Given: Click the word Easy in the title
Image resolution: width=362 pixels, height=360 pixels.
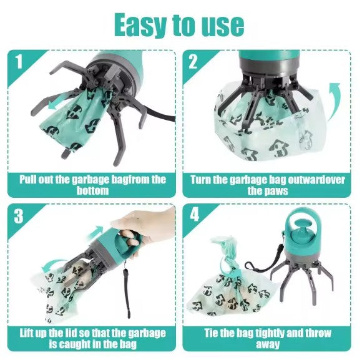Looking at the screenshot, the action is [141, 26].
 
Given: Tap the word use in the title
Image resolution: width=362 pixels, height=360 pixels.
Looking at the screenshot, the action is [223, 26].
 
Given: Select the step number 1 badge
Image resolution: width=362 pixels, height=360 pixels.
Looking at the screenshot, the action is [19, 61].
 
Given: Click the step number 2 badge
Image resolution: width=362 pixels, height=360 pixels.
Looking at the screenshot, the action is [193, 61].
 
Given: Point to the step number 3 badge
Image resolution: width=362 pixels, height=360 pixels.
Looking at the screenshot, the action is [19, 216].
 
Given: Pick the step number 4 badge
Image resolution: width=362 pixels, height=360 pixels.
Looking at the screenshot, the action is [194, 215].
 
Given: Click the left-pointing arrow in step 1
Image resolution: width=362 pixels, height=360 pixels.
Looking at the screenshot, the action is [57, 103].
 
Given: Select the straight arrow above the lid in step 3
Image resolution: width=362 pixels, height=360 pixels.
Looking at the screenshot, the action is [95, 232].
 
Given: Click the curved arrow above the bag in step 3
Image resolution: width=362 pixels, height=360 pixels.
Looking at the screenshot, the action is [51, 265].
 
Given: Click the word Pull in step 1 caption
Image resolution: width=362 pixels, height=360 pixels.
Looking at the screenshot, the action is [28, 179].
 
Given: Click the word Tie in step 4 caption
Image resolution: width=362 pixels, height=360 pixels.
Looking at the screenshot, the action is [211, 333].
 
